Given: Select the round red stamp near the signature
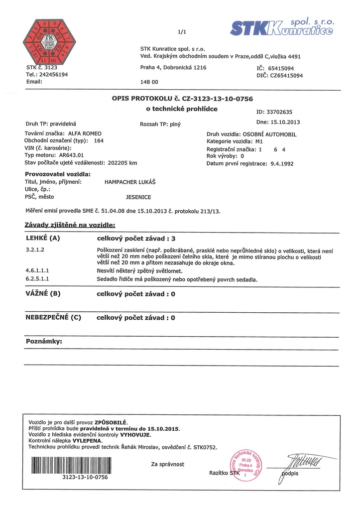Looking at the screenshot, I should pos(244,465).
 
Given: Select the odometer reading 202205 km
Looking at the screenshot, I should pos(122,162).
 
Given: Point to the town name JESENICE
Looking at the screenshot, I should pos(138,197).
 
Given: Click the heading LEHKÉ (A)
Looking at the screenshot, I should pos(42,238).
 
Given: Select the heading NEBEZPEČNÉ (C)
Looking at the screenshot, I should pos(53,317).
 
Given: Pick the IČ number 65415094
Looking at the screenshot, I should pos(281,68).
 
